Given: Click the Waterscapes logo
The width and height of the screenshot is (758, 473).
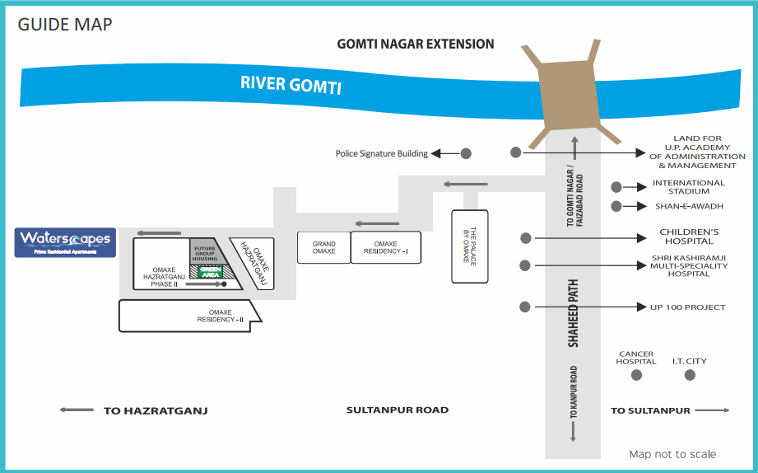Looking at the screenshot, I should pyautogui.click(x=66, y=242).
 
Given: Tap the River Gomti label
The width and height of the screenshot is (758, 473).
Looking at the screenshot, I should pyautogui.click(x=291, y=85).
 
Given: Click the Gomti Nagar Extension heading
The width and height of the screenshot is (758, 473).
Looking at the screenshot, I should pyautogui.click(x=416, y=44).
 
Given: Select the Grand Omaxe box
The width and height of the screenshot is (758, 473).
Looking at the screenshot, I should pyautogui.click(x=323, y=247).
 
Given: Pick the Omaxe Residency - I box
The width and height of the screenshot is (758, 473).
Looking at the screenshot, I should pyautogui.click(x=386, y=247).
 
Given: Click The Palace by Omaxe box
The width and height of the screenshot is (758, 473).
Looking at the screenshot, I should pyautogui.click(x=465, y=246).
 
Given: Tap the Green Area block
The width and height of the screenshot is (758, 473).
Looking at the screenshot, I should pyautogui.click(x=211, y=271).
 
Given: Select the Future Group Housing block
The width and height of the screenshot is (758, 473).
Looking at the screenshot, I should pyautogui.click(x=205, y=252).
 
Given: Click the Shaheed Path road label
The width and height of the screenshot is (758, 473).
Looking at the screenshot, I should pyautogui.click(x=574, y=312).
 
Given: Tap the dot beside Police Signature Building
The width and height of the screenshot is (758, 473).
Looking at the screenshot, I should pyautogui.click(x=466, y=153).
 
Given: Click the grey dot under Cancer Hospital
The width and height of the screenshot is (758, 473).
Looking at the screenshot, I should pyautogui.click(x=636, y=375).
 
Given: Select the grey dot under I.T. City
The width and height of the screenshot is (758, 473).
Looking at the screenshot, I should pyautogui.click(x=690, y=375).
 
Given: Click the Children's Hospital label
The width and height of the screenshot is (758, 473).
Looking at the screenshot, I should pyautogui.click(x=689, y=236).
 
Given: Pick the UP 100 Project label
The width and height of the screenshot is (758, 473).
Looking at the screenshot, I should pyautogui.click(x=688, y=307).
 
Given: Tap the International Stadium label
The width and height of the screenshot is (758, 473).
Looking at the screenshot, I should pyautogui.click(x=689, y=187).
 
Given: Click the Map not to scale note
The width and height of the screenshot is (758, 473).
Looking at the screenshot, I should pyautogui.click(x=672, y=454).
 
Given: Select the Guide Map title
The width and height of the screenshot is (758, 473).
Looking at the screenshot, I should pyautogui.click(x=65, y=24).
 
